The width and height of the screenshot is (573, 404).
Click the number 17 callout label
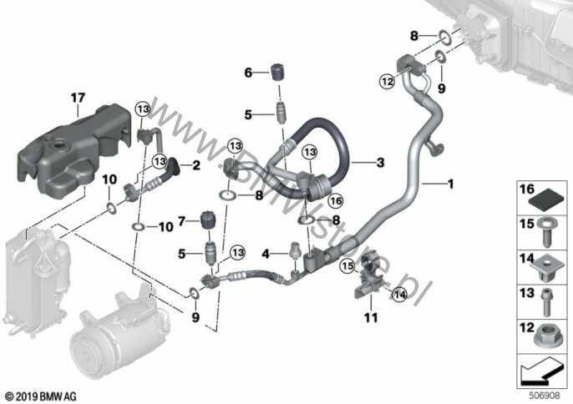[78, 98]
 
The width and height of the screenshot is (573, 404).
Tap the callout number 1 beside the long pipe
[452, 183]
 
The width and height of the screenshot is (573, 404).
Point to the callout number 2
[198, 166]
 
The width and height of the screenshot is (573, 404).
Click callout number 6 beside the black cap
[247, 73]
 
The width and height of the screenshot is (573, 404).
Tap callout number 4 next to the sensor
[266, 252]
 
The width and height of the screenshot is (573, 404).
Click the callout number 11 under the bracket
[370, 317]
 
